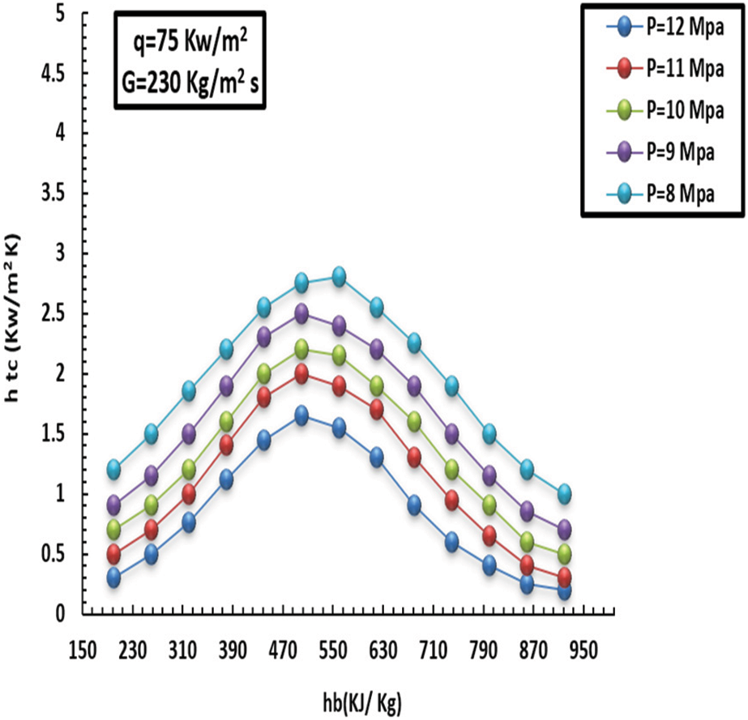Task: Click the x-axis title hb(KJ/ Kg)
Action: click(x=359, y=699)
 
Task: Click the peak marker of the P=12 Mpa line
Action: click(x=301, y=415)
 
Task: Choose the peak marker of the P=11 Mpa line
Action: click(x=301, y=373)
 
